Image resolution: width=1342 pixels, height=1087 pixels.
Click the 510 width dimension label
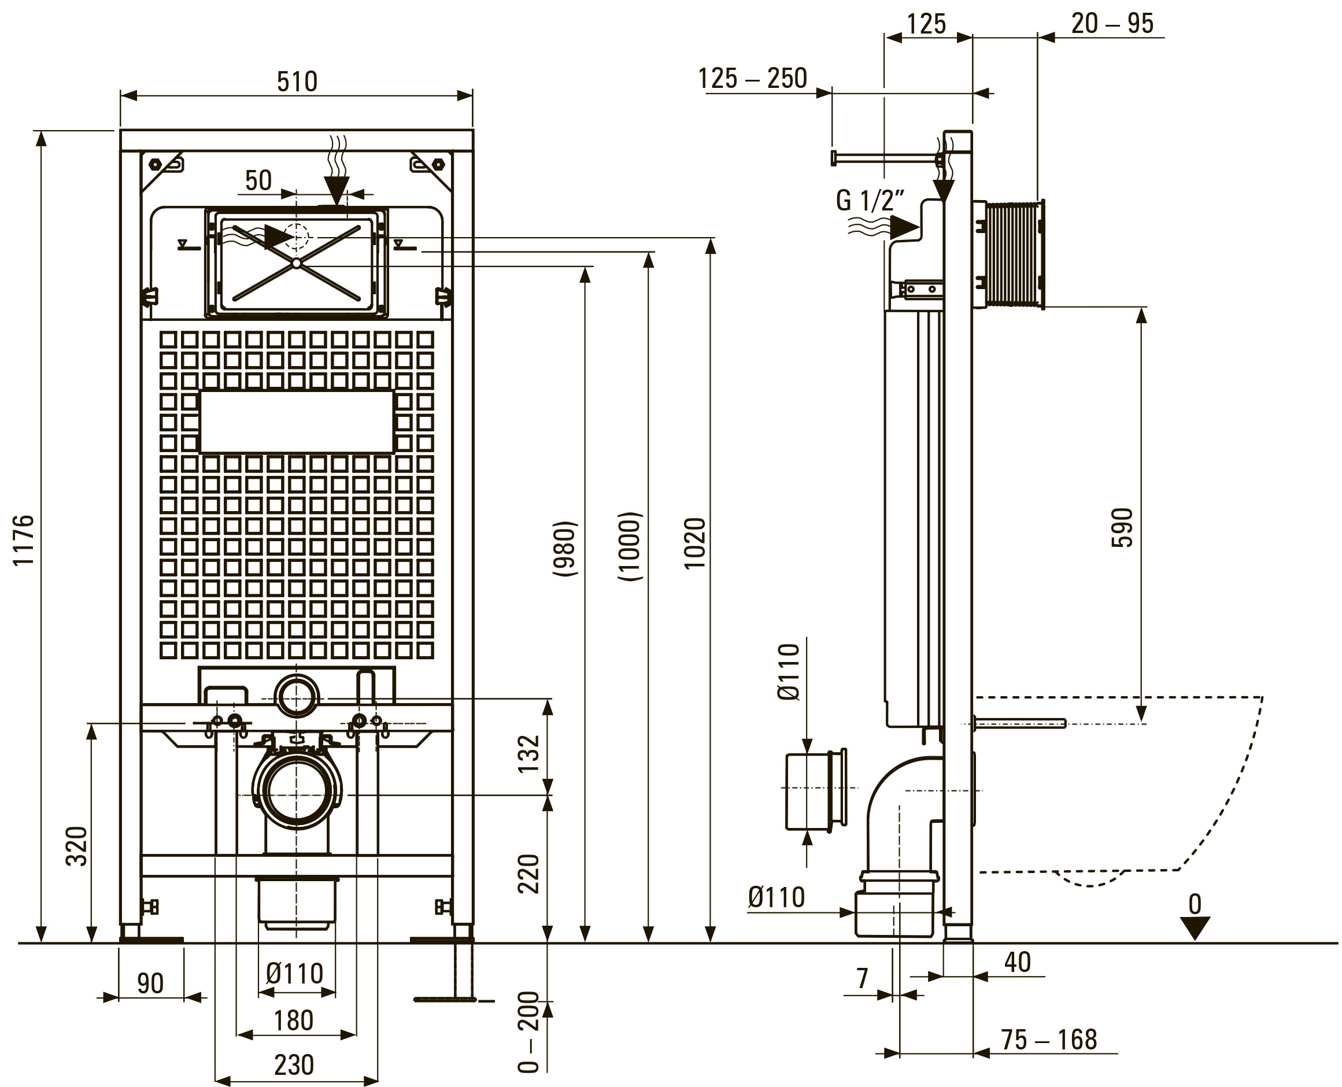pyautogui.click(x=297, y=82)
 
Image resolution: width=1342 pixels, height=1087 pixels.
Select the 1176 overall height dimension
pyautogui.click(x=24, y=540)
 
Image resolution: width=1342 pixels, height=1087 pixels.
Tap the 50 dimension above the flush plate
pyautogui.click(x=258, y=180)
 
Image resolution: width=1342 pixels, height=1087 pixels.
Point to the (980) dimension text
pyautogui.click(x=565, y=549)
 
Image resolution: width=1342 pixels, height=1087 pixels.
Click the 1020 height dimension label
pyautogui.click(x=694, y=543)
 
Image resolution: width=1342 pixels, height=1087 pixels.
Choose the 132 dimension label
pyautogui.click(x=528, y=754)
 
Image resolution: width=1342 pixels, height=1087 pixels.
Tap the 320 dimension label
pyautogui.click(x=76, y=846)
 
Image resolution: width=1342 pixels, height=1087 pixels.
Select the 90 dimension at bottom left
pyautogui.click(x=150, y=983)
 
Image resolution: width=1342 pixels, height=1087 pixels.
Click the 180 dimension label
pyautogui.click(x=294, y=1020)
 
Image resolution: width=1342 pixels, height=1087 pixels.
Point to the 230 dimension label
pyautogui.click(x=294, y=1064)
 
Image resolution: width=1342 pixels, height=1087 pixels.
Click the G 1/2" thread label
pyautogui.click(x=870, y=201)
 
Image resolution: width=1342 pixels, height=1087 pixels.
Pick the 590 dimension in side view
pyautogui.click(x=1122, y=528)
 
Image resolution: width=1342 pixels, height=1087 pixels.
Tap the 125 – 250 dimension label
pyautogui.click(x=753, y=79)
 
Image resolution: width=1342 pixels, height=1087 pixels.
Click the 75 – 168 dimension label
pyautogui.click(x=1049, y=1040)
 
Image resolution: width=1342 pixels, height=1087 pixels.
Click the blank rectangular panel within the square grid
pyautogui.click(x=297, y=422)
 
